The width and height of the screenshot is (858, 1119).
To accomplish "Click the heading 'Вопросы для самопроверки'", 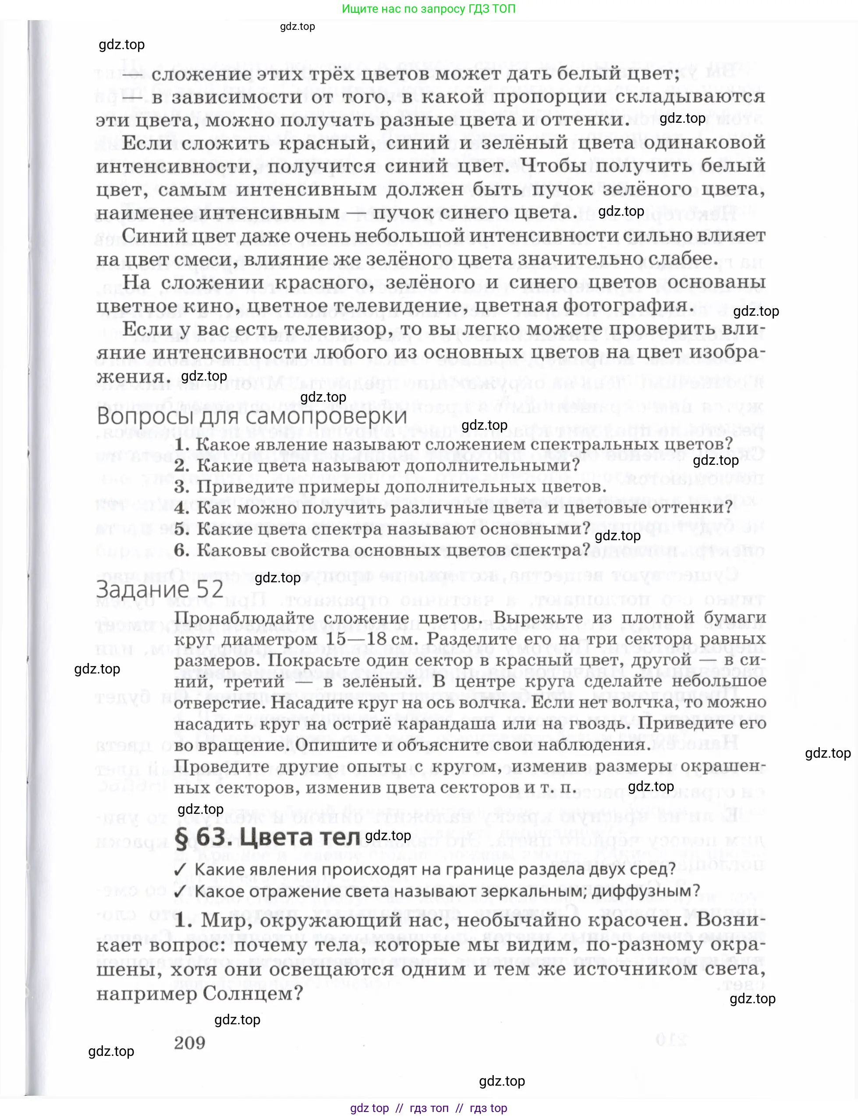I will click(252, 417).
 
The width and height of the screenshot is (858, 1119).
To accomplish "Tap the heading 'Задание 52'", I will click(160, 589).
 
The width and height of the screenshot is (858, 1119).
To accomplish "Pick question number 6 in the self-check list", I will click(182, 551).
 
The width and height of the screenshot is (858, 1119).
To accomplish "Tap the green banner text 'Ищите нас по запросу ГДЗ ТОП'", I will click(429, 9).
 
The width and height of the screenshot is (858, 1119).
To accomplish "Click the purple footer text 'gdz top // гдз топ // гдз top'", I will click(429, 1108).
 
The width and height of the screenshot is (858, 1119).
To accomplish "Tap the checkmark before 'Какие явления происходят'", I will click(180, 869).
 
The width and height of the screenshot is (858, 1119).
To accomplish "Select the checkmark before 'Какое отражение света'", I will click(180, 891).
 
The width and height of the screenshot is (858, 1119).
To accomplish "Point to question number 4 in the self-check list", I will click(182, 508).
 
